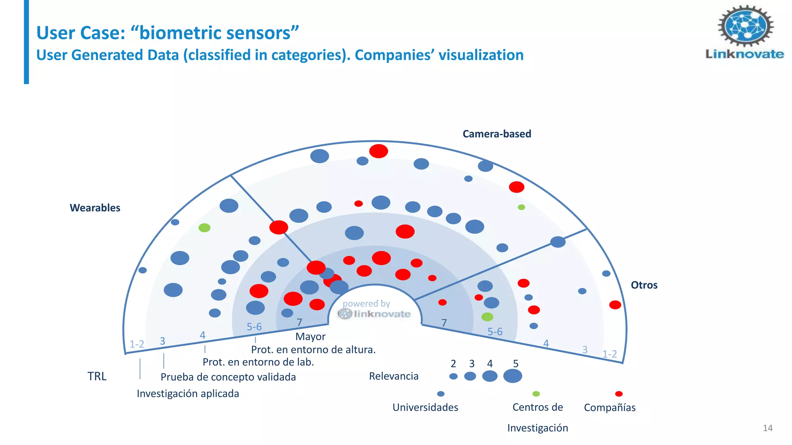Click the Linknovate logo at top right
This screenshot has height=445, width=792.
pos(745,32)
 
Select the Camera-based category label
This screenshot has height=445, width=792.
pos(497,134)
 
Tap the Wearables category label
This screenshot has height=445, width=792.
pos(95,208)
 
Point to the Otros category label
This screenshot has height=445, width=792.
pos(644,285)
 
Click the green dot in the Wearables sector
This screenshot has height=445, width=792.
pos(204,228)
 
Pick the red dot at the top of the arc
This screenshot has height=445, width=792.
pos(378,151)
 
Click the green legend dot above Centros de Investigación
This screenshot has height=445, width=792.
pos(536,394)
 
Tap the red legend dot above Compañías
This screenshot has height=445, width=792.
pos(619,394)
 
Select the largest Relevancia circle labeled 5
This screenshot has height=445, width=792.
pos(512,376)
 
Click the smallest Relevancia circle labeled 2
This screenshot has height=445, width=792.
pos(453,376)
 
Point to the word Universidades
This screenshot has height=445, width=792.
pos(425,407)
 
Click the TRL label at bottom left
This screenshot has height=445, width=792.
pos(97,376)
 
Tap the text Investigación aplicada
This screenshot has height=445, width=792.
pos(188,394)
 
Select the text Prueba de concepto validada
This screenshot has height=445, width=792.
pos(228,377)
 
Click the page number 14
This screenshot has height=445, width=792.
pos(767,428)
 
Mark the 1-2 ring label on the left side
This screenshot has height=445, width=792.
pos(137,344)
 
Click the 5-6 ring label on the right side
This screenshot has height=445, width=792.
pos(495,331)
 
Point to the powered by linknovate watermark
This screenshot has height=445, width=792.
pos(374,309)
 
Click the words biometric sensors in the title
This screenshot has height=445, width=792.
pos(219,33)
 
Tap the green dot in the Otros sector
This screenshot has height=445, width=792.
pos(487,317)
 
